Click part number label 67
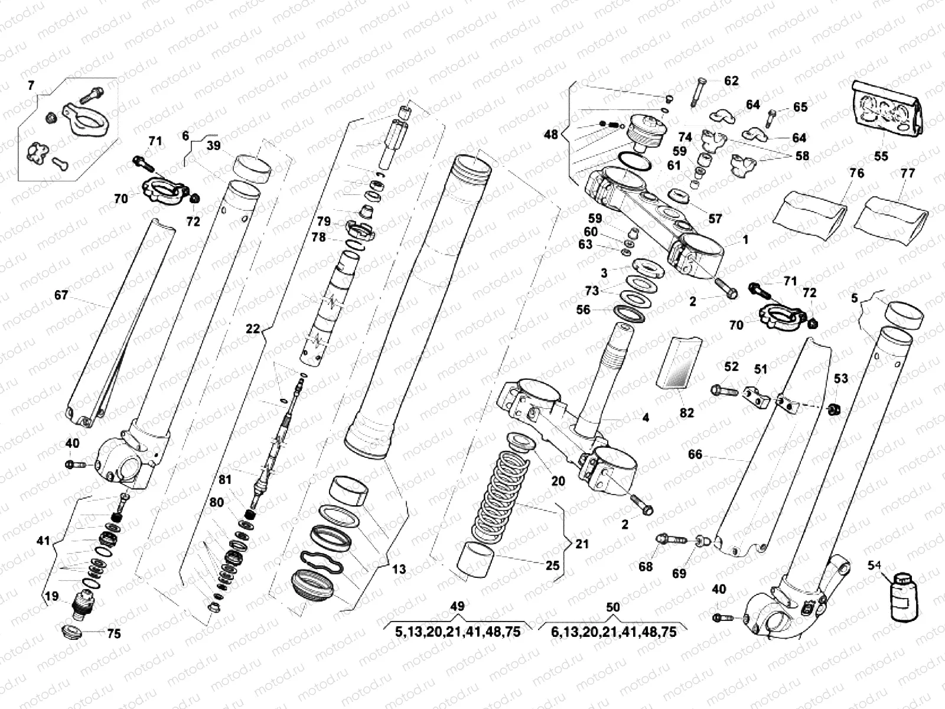(61, 295)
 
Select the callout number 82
(686, 413)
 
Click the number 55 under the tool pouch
(881, 156)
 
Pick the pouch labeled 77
(892, 217)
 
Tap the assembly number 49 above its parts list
(457, 606)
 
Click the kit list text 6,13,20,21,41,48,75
(614, 632)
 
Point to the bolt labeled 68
(671, 539)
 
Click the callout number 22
(253, 329)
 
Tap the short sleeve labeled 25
(476, 558)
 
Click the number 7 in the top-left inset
(31, 86)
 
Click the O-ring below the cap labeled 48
(635, 161)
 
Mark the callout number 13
(399, 569)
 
